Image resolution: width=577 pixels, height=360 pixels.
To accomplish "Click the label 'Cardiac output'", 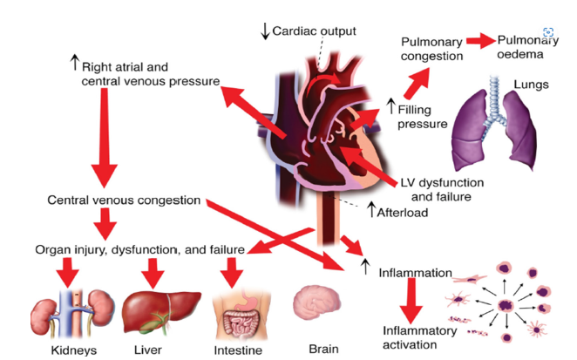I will (x=315, y=31).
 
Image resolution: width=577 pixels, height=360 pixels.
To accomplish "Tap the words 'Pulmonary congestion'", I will (x=431, y=50).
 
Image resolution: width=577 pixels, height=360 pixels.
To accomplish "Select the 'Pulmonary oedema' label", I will (x=526, y=47).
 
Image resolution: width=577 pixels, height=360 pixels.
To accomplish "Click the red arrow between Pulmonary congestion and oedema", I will (x=479, y=41).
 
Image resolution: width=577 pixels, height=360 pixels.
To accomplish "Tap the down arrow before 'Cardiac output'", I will (x=265, y=31).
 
